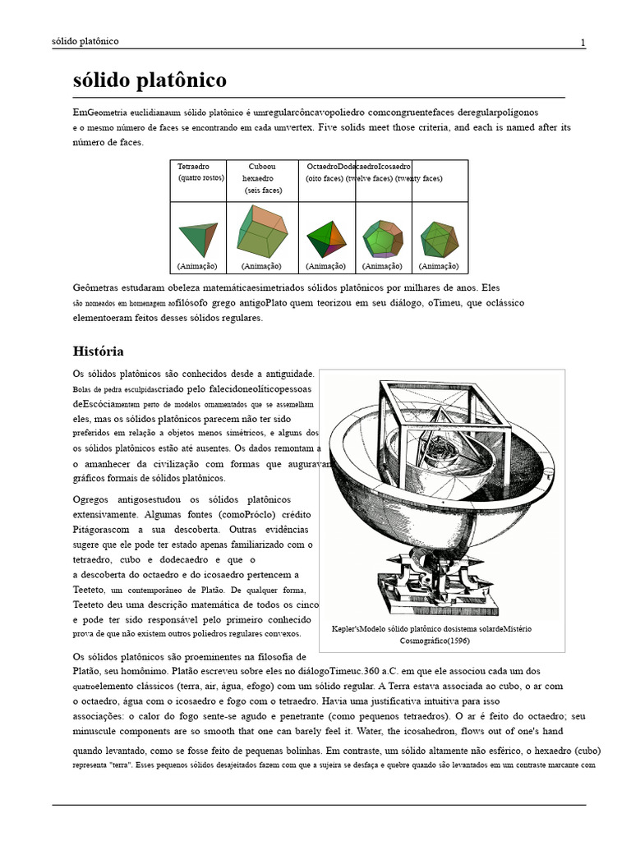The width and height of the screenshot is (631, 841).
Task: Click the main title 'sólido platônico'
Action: tap(150, 81)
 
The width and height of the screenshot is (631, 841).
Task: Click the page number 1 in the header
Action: tap(583, 43)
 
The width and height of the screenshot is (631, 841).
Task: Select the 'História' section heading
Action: tap(99, 352)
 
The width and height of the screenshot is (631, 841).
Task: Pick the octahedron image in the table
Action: tap(325, 238)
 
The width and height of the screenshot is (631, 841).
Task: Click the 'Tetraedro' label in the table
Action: tap(193, 167)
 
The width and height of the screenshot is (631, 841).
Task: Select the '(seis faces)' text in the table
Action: tap(263, 191)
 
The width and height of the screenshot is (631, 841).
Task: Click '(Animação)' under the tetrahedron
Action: tap(197, 266)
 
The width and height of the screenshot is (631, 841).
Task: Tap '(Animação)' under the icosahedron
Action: tap(439, 266)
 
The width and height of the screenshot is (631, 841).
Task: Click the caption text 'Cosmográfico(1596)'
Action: tap(440, 641)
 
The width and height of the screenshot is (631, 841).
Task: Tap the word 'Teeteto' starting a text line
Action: tap(89, 591)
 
